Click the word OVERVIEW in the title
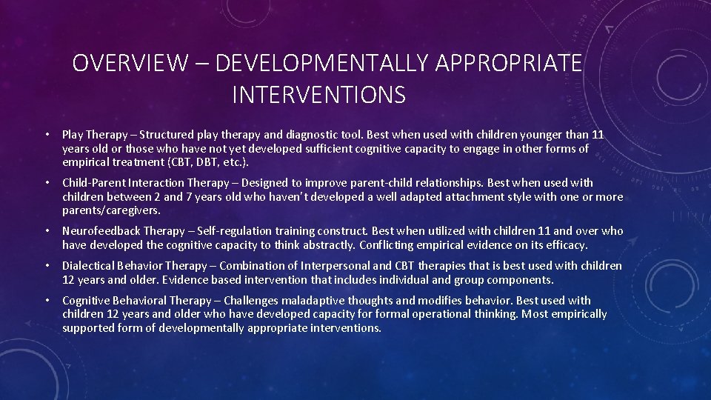pos(130,64)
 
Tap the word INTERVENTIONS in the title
pos(318,95)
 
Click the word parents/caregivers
pos(111,210)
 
